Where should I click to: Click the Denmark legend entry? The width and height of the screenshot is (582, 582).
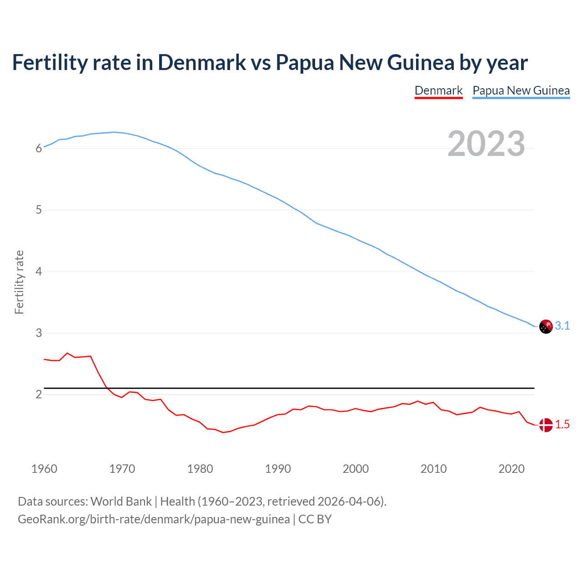438,90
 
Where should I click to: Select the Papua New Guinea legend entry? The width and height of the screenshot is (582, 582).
521,90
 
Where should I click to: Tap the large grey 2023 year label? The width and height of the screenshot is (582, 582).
486,144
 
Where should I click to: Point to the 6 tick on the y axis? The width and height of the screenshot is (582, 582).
39,148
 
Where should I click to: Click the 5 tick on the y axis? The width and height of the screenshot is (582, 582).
39,210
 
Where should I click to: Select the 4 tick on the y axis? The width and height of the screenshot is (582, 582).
39,271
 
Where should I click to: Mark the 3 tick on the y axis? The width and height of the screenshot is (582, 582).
39,333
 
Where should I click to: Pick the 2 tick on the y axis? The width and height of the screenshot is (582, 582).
39,394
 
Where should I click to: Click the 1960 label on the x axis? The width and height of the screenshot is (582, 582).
44,469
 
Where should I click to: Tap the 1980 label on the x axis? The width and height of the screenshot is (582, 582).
200,469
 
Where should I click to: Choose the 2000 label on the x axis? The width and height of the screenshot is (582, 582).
356,469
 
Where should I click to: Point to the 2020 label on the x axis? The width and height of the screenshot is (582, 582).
512,469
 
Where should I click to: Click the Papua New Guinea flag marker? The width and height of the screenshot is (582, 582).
546,326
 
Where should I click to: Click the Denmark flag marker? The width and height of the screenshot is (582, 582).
546,425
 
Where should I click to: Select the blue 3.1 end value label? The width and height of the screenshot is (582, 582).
562,326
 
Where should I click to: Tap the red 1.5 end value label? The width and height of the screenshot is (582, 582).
562,424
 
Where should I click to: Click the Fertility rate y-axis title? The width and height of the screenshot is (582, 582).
19,282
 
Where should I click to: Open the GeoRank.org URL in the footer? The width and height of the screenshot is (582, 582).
154,519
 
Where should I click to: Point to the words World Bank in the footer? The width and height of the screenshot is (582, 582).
121,502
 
